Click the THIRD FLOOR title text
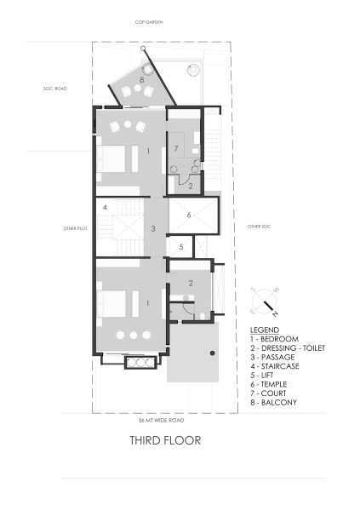[x=164, y=441]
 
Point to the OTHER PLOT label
[x=76, y=228]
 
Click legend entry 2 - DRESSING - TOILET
[x=288, y=347]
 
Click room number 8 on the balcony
[x=141, y=78]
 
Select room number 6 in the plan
[x=190, y=215]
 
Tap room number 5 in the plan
[x=180, y=247]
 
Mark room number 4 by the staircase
[x=105, y=207]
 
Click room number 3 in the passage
[x=152, y=228]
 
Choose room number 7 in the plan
[x=175, y=148]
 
